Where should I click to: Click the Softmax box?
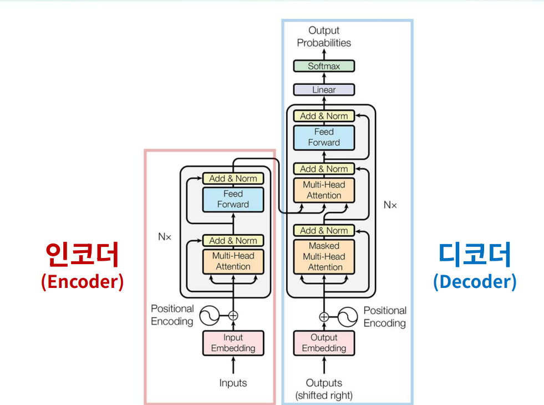point(324,66)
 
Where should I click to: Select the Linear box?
point(324,89)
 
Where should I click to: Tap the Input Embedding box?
point(233,343)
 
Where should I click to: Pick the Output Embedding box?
point(324,343)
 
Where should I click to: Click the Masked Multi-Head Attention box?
point(324,256)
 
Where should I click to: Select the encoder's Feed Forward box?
point(233,199)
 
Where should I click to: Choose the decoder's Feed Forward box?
point(324,138)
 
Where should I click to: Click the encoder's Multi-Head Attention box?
point(233,261)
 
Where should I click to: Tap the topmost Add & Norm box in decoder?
point(324,116)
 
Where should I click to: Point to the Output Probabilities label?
point(324,37)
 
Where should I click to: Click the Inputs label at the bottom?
point(233,383)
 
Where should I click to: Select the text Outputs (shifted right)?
point(324,389)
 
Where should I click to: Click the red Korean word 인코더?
point(82,255)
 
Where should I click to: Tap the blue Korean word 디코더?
point(475,255)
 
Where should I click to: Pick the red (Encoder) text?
point(82,281)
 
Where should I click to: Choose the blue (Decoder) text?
point(475,281)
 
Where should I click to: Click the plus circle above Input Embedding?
point(233,316)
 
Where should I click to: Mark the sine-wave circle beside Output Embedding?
point(348,317)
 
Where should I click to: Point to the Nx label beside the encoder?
point(165,237)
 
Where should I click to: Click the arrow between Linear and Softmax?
point(324,78)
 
